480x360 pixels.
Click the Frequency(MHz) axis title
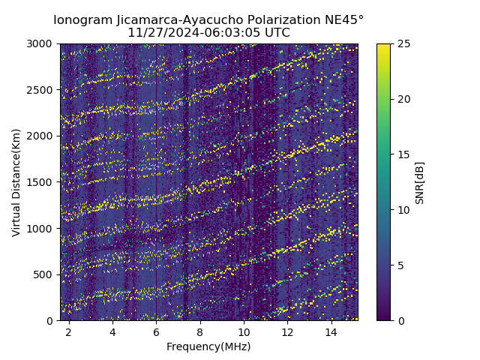point(208,346)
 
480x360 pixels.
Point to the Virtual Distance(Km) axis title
point(16,182)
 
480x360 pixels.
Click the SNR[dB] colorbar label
point(420,182)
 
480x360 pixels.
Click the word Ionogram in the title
point(82,19)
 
